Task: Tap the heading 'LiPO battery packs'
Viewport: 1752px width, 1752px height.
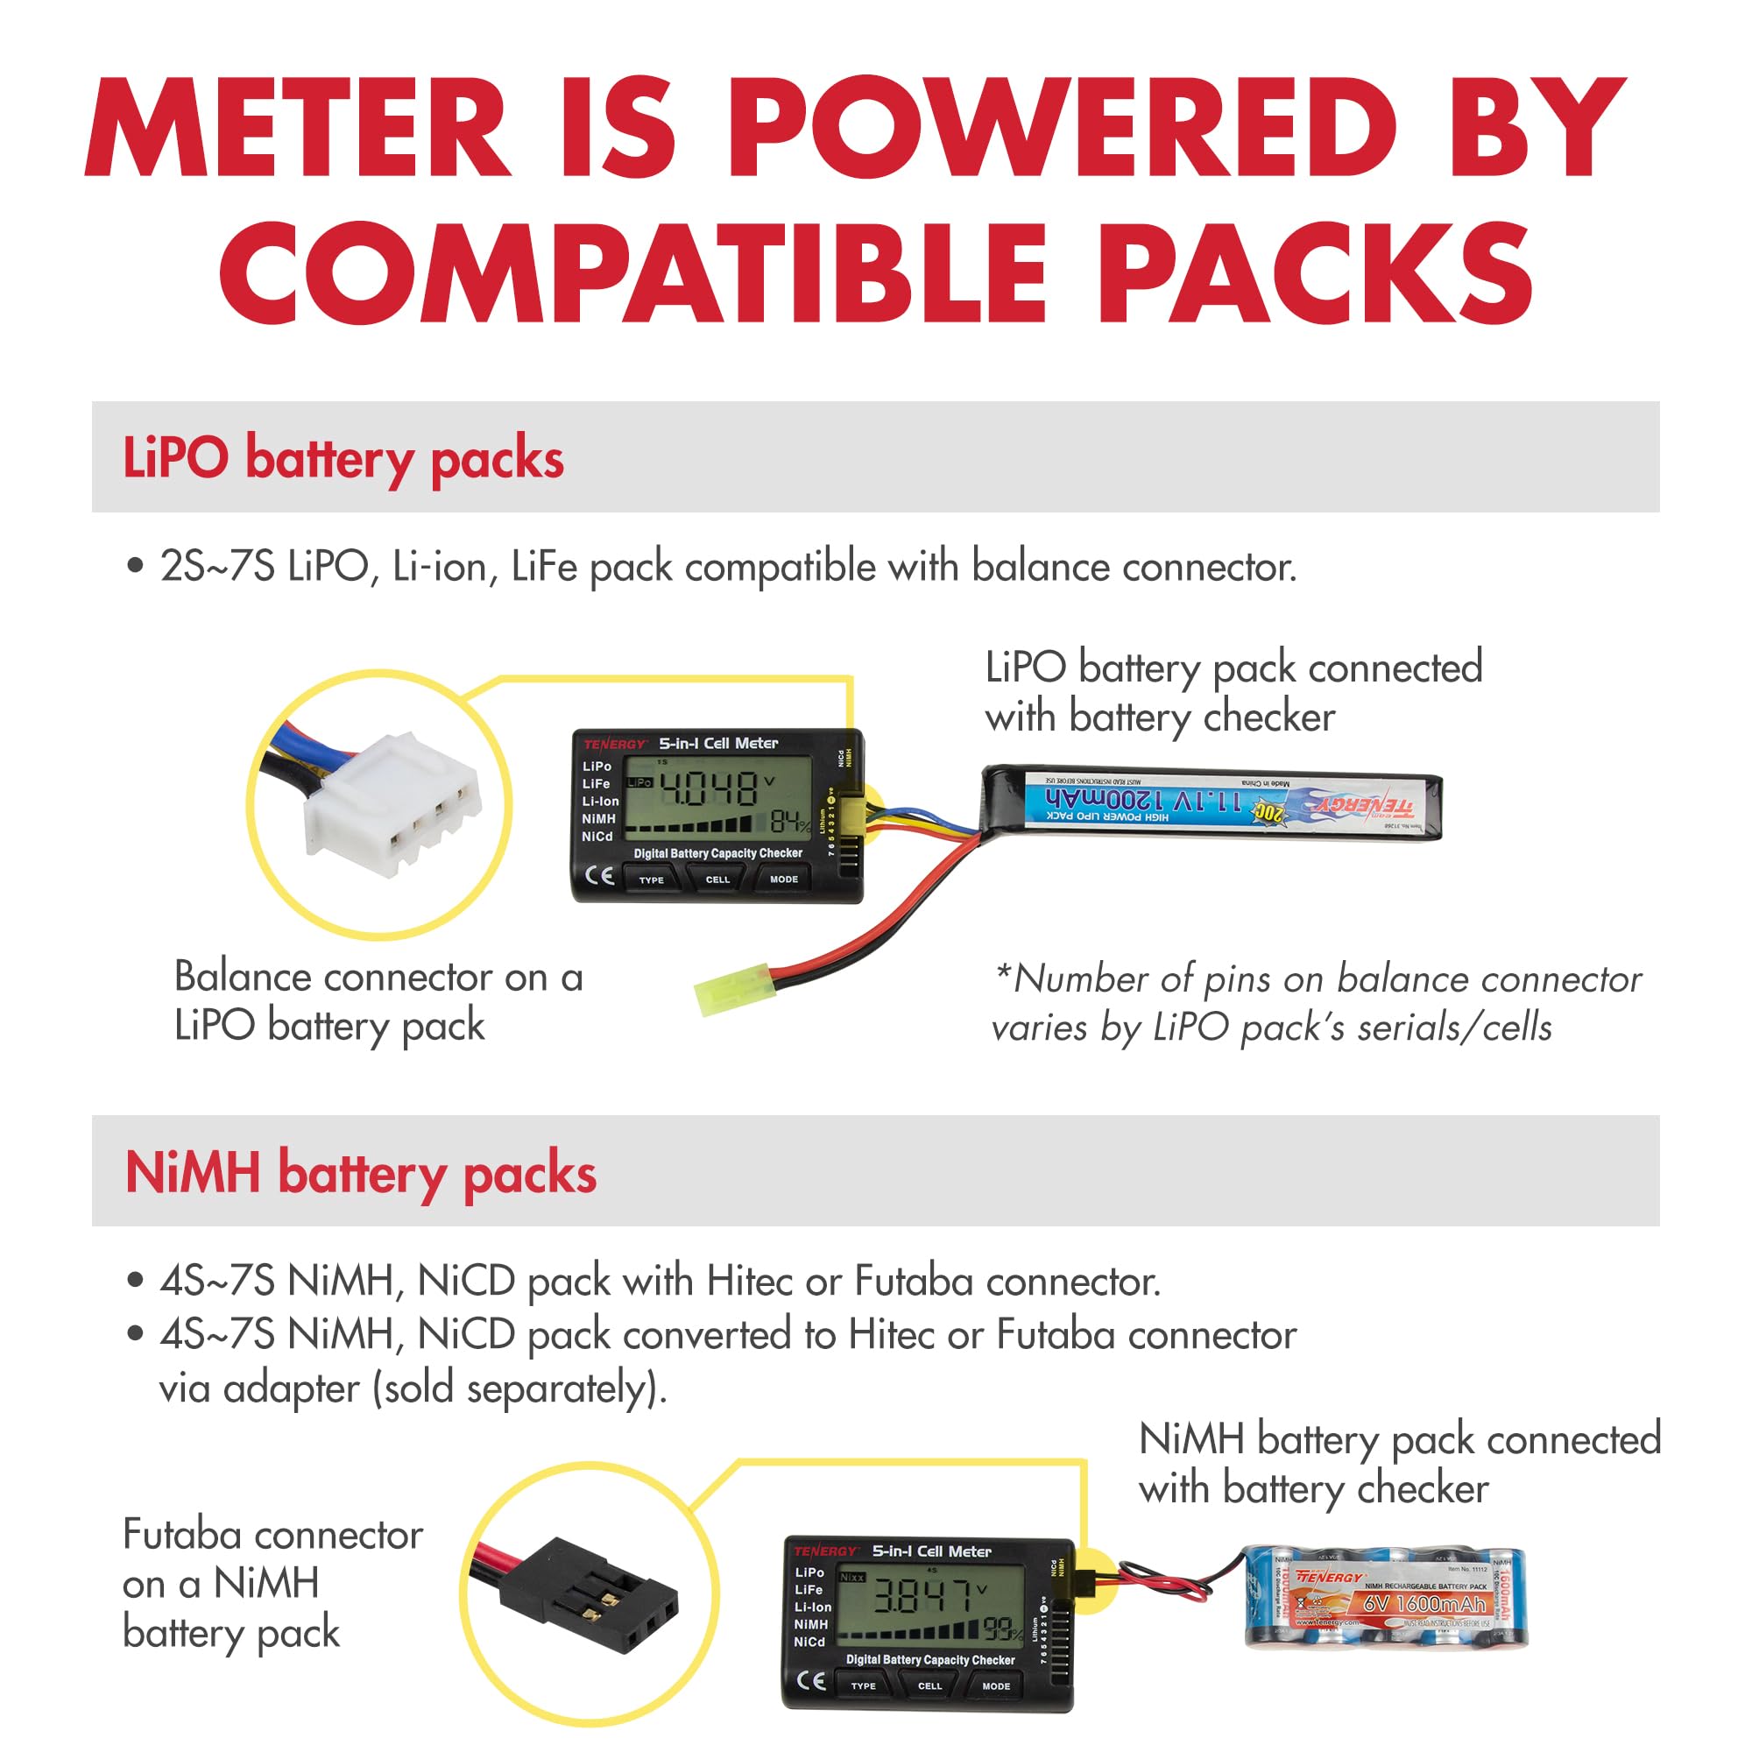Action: (x=343, y=457)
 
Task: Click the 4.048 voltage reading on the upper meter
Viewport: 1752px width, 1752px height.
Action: (x=710, y=788)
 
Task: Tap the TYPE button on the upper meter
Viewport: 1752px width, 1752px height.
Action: (x=651, y=880)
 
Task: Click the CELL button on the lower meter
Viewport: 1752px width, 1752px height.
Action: (x=929, y=1685)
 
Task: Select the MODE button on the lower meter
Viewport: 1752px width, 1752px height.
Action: (x=996, y=1685)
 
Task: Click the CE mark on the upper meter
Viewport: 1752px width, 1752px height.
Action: (x=598, y=876)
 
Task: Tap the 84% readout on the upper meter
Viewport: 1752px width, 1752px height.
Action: (x=789, y=822)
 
